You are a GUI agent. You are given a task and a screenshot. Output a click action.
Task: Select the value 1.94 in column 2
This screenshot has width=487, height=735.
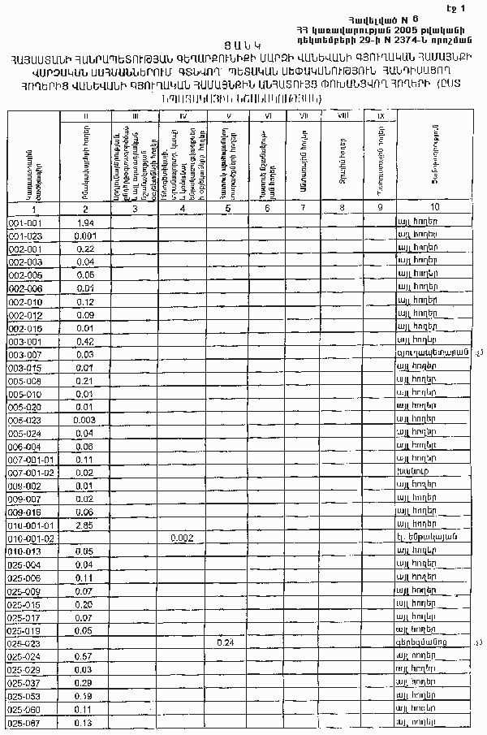85,223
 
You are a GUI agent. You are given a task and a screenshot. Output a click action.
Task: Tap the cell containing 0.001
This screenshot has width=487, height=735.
85,236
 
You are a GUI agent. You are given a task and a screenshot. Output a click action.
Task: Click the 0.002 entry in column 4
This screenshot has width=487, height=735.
182,538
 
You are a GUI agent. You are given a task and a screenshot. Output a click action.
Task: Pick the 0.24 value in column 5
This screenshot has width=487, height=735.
227,642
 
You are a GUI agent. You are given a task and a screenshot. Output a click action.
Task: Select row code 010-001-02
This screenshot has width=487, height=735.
31,538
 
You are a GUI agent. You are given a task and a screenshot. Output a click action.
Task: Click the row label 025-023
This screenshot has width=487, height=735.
24,642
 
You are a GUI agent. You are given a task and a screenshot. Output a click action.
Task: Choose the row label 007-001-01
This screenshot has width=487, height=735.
31,459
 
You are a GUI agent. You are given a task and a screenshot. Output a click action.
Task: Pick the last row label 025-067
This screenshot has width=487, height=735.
24,722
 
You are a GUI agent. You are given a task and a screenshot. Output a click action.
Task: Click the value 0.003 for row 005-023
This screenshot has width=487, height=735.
84,420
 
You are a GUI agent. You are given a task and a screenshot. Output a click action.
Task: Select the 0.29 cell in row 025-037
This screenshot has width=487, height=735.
83,682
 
